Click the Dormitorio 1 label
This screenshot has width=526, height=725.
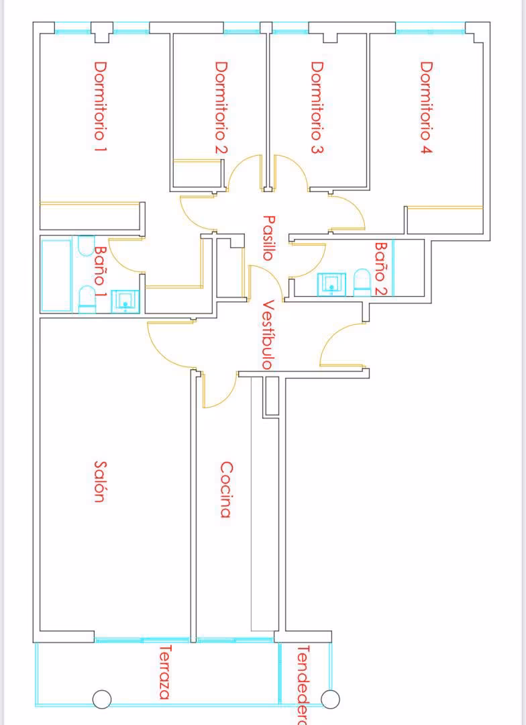point(100,107)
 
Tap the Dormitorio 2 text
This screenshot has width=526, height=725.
point(221,107)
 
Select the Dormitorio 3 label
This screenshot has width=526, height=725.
point(317,107)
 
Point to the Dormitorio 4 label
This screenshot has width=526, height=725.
point(426,107)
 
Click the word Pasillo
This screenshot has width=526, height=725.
point(269,238)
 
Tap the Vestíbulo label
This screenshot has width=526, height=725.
point(269,334)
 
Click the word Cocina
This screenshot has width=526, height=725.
point(225,489)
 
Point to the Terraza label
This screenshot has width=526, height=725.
point(165,672)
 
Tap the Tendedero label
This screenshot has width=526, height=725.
point(302,685)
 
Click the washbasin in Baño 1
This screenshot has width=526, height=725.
point(125,302)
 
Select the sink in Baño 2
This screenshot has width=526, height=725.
point(331,284)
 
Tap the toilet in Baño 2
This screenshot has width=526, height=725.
point(362,282)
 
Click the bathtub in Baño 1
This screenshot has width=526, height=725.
point(56,276)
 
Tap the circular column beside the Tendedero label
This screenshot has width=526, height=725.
point(330,699)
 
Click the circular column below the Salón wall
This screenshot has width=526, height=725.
point(102,699)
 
